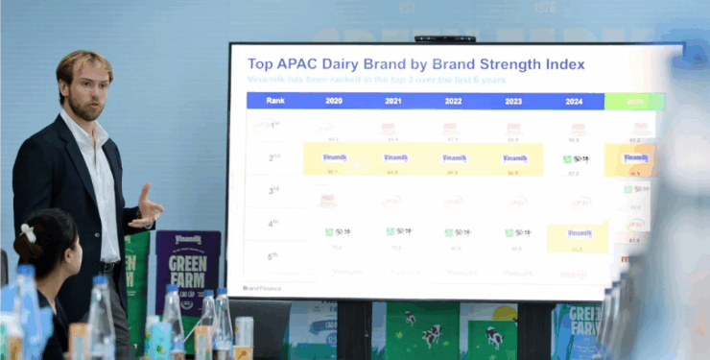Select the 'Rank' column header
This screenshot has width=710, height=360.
coord(275,101)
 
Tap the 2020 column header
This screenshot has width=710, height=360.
coord(334,101)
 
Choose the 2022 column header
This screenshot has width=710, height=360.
coord(452,101)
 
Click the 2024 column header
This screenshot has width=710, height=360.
coord(574,101)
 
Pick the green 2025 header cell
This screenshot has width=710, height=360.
coord(634,101)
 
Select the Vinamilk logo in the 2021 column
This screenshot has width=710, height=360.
coord(395,157)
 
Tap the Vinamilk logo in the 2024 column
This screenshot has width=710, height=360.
coord(579,233)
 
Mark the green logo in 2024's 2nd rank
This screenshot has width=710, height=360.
coord(577,159)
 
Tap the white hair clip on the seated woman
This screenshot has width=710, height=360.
coord(29,232)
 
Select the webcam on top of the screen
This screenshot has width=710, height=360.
coord(431,39)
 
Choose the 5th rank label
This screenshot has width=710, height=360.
coord(274,256)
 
